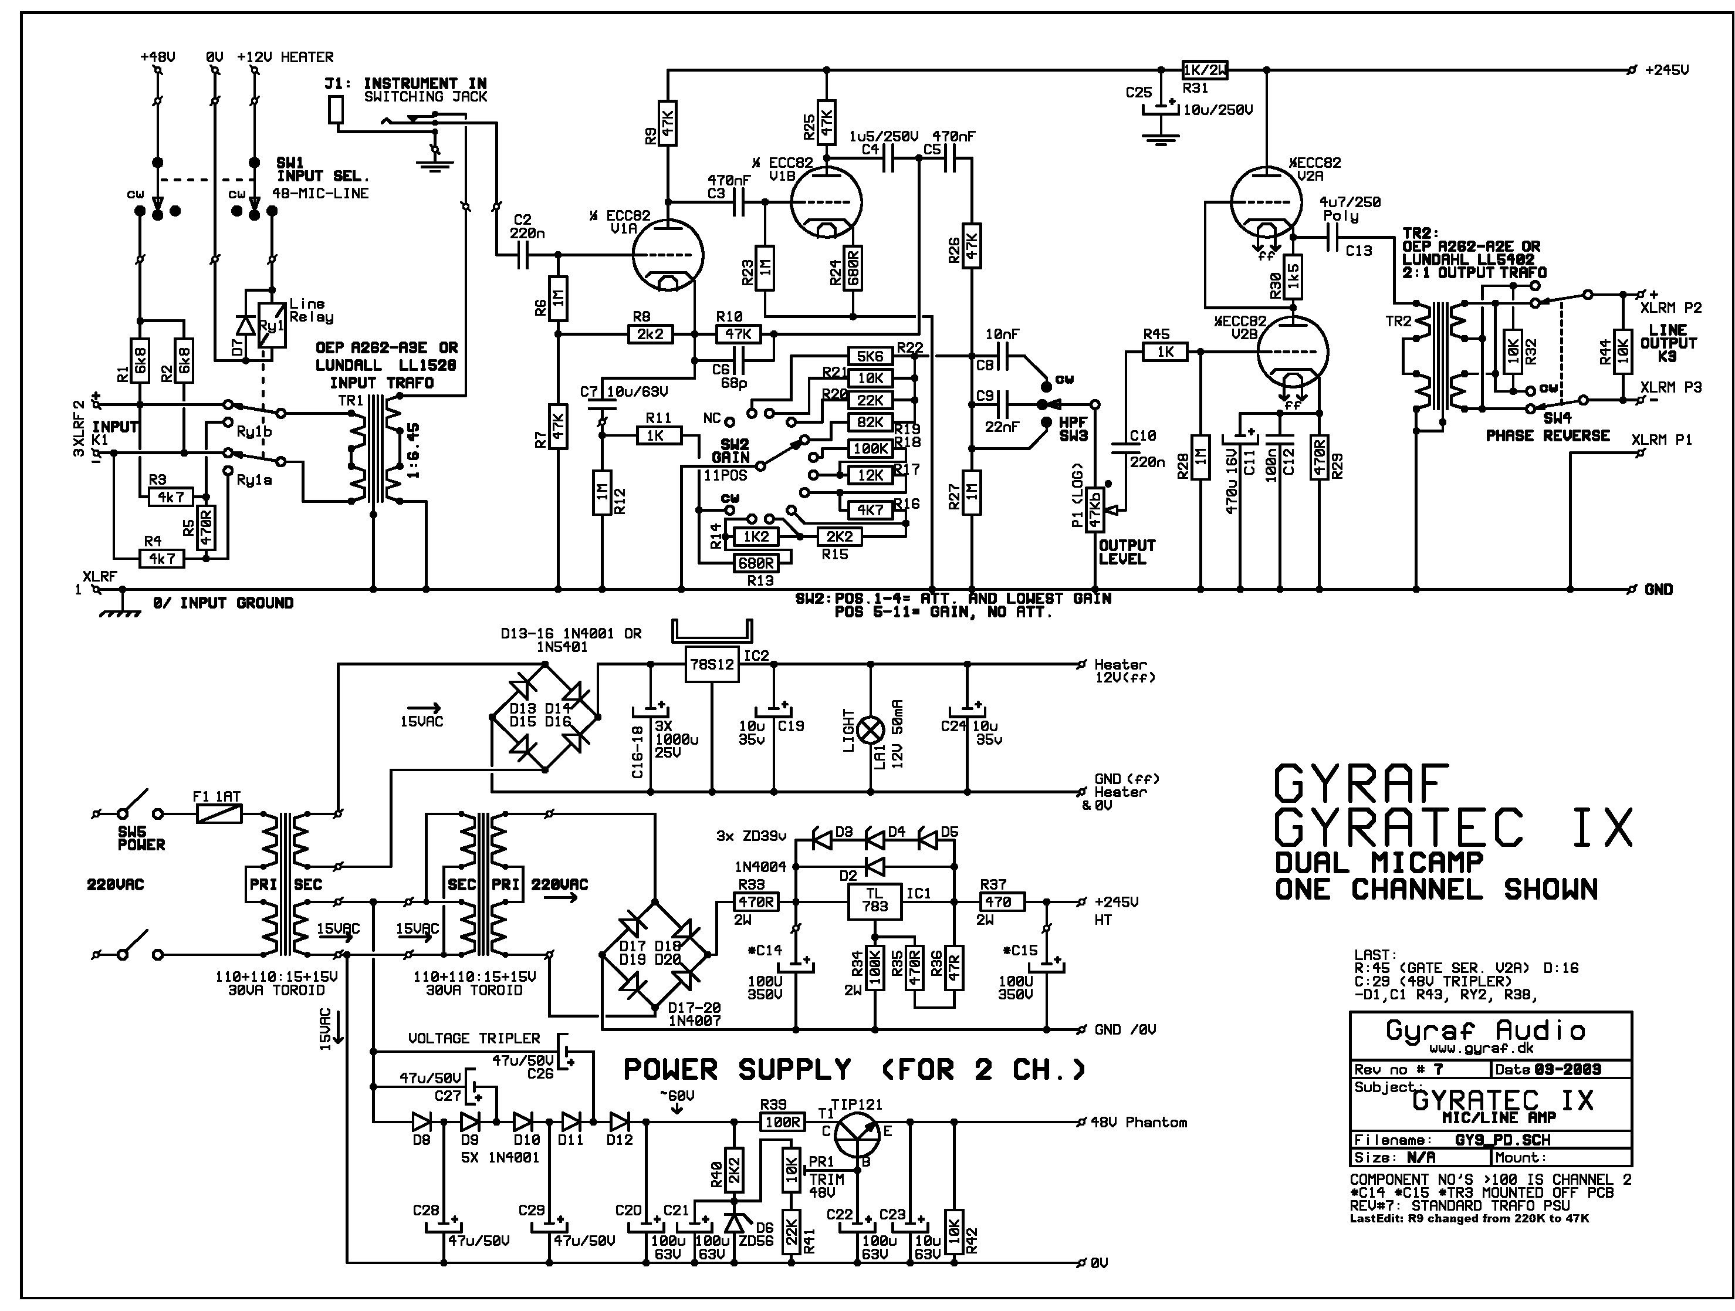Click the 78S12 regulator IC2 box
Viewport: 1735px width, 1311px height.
coord(711,664)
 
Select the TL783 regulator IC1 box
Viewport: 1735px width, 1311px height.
coord(875,901)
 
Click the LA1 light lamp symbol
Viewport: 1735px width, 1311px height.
coord(870,731)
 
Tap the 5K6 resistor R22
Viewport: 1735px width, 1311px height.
coord(871,356)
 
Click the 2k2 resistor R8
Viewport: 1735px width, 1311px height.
coord(650,335)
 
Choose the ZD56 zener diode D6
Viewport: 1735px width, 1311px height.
coord(734,1222)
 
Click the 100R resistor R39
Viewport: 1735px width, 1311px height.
coord(782,1123)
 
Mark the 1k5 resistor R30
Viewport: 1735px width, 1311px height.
coord(1293,276)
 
